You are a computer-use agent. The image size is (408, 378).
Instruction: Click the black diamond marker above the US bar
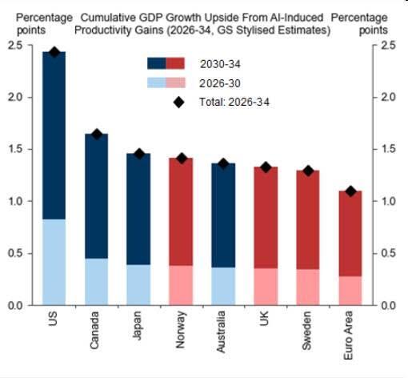54,52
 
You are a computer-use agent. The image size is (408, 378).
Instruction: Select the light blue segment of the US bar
54,262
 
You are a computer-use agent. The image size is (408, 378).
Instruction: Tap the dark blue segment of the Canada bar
96,196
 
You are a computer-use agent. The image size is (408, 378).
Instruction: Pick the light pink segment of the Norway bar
181,285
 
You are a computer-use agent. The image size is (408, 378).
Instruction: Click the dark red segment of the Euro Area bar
350,234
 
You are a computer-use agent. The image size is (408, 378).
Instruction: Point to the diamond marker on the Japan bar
139,154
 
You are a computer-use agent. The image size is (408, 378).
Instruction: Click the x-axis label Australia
221,332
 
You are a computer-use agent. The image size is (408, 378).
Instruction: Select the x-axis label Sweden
306,331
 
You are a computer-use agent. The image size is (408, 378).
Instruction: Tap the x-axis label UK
264,319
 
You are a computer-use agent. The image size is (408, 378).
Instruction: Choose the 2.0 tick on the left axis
15,97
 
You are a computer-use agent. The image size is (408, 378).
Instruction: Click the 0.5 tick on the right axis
388,253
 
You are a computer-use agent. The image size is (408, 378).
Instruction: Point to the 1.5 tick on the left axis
15,149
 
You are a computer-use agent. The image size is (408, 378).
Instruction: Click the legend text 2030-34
220,64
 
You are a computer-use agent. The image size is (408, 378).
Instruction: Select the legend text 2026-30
220,83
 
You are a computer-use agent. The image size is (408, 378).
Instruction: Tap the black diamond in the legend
178,102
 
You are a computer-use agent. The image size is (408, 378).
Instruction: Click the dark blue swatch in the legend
157,63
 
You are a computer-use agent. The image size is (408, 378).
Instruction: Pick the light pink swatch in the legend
176,82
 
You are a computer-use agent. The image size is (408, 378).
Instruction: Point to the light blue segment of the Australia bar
223,286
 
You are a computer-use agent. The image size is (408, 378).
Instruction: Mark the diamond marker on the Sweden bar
308,171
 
